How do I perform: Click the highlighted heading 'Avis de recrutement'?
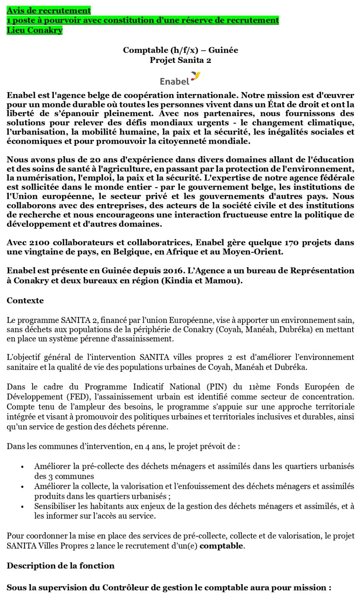click(49, 10)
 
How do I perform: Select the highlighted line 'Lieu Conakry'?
click(35, 30)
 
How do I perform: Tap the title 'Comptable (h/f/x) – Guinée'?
click(180, 50)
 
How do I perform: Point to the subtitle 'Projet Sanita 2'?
click(180, 60)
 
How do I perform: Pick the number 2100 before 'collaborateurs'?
click(39, 243)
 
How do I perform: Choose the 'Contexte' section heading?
click(25, 300)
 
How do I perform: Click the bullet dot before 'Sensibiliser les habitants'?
click(22, 507)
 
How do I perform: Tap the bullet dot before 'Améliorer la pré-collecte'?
click(22, 467)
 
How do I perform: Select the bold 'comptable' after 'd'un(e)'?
click(221, 546)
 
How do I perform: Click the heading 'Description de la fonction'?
click(61, 566)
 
